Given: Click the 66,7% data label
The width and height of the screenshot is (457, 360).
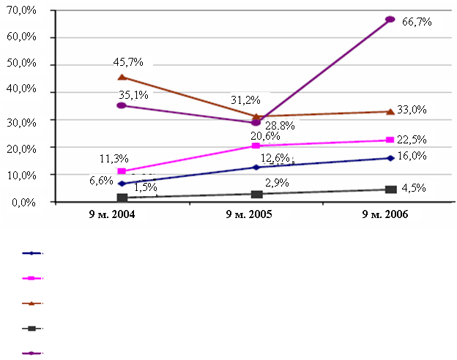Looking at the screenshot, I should coord(417,22).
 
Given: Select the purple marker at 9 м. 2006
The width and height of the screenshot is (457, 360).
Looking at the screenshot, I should coord(390,19).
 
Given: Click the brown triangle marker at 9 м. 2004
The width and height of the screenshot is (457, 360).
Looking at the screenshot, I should coord(122,77).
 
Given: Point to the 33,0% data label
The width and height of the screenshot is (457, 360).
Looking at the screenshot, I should coord(413,110).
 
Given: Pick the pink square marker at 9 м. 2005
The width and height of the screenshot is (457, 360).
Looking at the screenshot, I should coord(256,146).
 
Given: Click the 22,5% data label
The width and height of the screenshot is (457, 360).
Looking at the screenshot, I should coord(413,139).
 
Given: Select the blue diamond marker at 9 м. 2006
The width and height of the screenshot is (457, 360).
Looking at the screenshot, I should coord(390,158).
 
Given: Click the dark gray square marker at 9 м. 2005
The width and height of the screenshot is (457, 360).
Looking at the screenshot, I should coord(256,194).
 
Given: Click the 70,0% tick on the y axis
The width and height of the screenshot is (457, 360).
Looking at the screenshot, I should coord(23,10).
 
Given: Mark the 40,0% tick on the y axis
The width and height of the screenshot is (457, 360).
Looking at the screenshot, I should coord(23,92).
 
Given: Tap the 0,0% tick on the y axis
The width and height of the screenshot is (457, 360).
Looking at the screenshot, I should coord(26,202).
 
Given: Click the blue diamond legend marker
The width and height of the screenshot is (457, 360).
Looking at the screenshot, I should coord(32,253).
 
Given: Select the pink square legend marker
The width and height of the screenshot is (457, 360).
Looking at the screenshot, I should coord(32,278).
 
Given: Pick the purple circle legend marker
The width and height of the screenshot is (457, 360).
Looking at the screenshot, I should coord(32,353).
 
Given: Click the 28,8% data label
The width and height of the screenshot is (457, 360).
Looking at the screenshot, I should coord(280,126).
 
